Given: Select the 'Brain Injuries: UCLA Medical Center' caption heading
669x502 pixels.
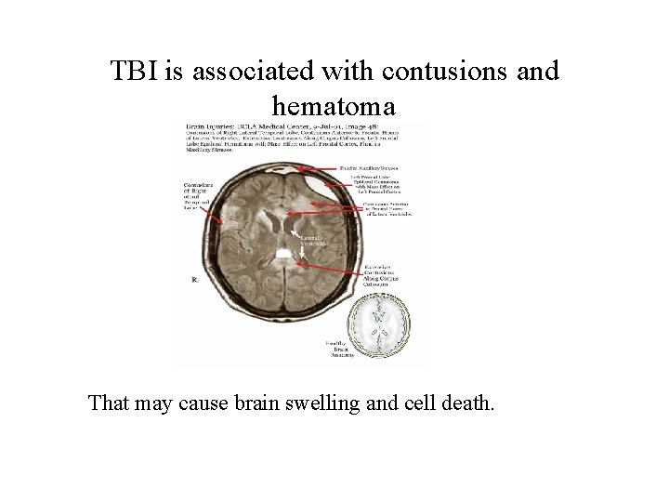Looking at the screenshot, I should (243, 124).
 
